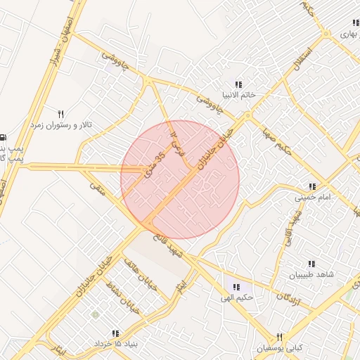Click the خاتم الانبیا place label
[x=238, y=94]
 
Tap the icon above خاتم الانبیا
[x=238, y=84]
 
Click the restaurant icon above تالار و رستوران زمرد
[x=61, y=114]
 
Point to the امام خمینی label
[x=311, y=198]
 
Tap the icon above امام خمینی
[x=311, y=187]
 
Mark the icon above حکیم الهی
[x=236, y=287]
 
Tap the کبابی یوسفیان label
[x=280, y=348]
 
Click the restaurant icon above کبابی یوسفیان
[x=279, y=337]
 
